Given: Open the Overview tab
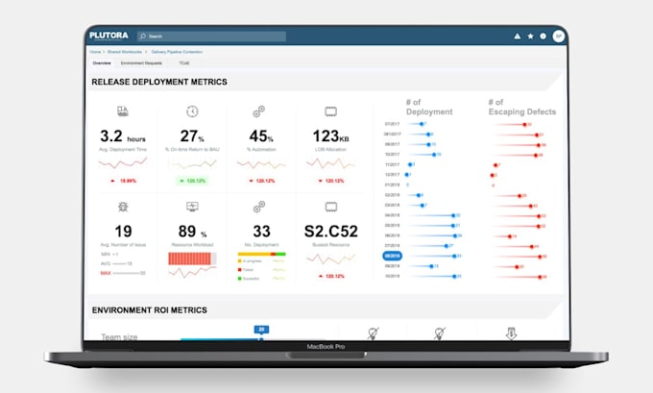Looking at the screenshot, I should pyautogui.click(x=101, y=62).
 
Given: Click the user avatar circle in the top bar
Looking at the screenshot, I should pyautogui.click(x=558, y=37).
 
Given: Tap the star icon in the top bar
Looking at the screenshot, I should pyautogui.click(x=530, y=37).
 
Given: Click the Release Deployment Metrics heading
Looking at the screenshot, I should pyautogui.click(x=158, y=82).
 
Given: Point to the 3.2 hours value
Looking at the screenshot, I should pyautogui.click(x=122, y=136).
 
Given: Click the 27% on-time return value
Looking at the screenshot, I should pyautogui.click(x=192, y=136).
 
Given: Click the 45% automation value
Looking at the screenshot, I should pyautogui.click(x=261, y=136).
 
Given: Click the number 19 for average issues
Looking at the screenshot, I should pyautogui.click(x=123, y=231).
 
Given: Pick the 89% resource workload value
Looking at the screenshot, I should pyautogui.click(x=192, y=231).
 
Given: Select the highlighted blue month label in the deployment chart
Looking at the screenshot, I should pyautogui.click(x=392, y=257).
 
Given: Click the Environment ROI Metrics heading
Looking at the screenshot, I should pyautogui.click(x=149, y=309).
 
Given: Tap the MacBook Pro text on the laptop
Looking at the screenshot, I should pyautogui.click(x=325, y=346).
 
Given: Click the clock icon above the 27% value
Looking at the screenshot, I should pyautogui.click(x=192, y=111).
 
